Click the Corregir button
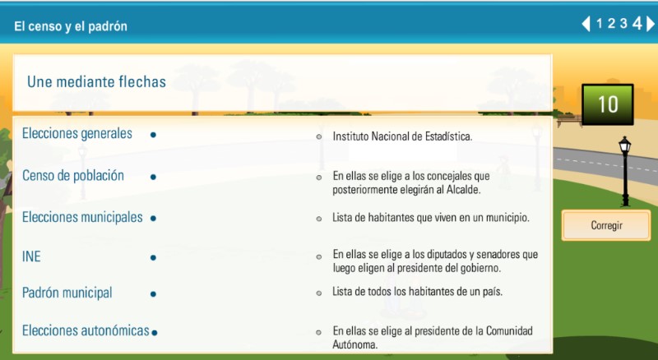point(607,225)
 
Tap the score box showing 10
point(608,104)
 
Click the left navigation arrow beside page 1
point(586,24)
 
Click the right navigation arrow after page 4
point(650,24)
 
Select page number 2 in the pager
point(612,24)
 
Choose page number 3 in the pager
point(623,24)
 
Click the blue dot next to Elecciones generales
point(153,135)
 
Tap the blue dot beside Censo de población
point(153,176)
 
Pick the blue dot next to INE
point(153,257)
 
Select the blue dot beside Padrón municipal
point(153,293)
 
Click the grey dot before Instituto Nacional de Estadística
point(319,136)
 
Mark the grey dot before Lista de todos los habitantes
point(319,293)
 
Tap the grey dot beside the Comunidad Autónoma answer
point(319,332)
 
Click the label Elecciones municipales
point(82,218)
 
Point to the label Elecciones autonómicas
point(86,330)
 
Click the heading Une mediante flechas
point(96,82)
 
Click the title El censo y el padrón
point(71,26)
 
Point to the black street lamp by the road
point(624,168)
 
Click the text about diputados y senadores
point(435,261)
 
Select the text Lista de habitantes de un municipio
point(430,218)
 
